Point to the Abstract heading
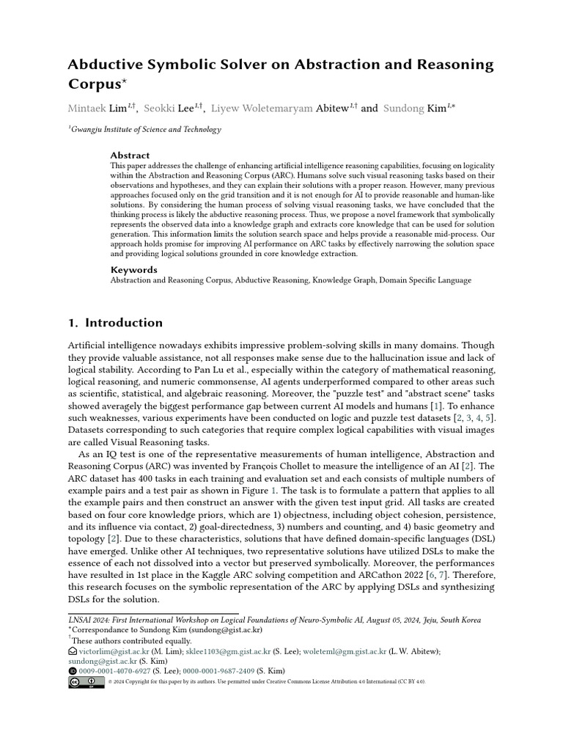pos(130,155)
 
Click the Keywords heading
pos(133,270)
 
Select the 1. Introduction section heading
pos(115,323)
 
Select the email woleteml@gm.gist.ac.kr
pos(345,651)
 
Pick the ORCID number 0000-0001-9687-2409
pos(229,670)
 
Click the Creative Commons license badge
pos(86,682)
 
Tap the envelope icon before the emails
pos(72,651)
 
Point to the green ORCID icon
pos(72,670)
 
